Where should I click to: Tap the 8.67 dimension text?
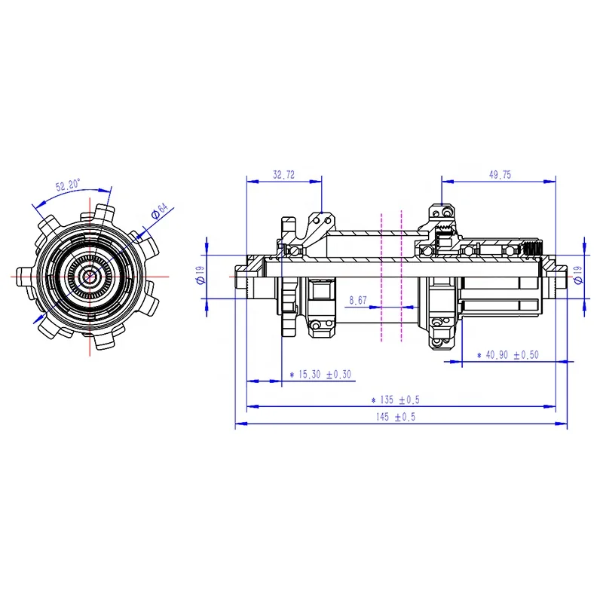point(359,300)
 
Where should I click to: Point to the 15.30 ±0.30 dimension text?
point(320,374)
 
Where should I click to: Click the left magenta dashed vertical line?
point(382,279)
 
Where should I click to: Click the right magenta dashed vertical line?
point(401,279)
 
